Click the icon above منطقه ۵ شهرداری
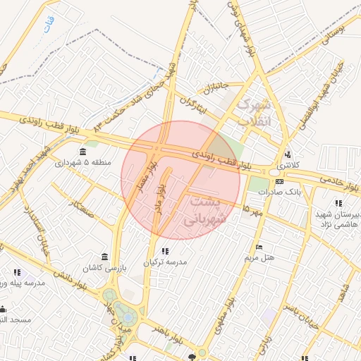(x=83, y=152)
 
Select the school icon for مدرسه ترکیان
(x=165, y=251)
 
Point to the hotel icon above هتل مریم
(x=258, y=247)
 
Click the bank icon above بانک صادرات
(x=279, y=181)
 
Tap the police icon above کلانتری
(x=287, y=154)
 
